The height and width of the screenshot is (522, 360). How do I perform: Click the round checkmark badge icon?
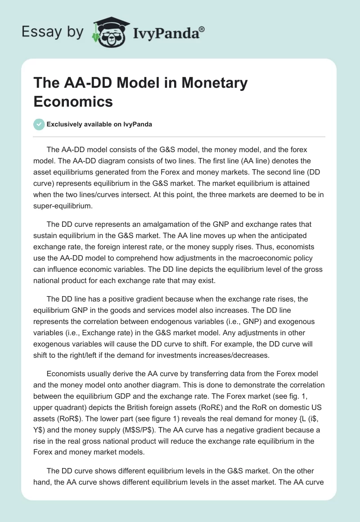click(39, 124)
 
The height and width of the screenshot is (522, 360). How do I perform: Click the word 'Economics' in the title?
click(73, 101)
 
